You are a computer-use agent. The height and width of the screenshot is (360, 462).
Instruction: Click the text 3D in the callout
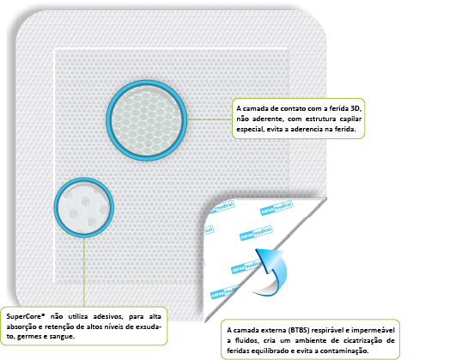356,108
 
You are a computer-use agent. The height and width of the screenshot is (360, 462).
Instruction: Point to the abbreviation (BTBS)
299,330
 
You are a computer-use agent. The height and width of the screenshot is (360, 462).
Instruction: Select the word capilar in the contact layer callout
350,119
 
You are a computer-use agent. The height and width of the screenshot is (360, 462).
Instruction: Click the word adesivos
107,316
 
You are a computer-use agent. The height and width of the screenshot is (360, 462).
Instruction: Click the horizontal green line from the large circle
210,119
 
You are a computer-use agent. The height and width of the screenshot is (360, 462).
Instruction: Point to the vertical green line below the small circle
84,272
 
